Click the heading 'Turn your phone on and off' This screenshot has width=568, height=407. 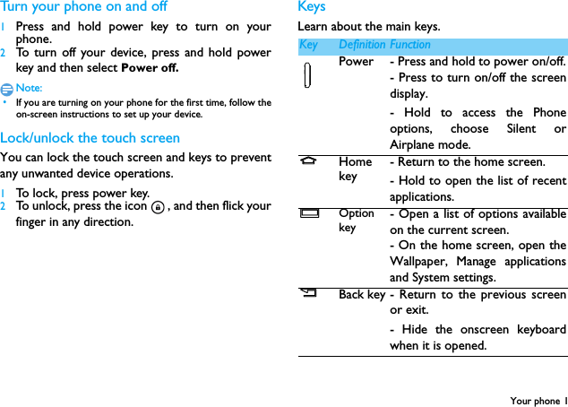click(83, 7)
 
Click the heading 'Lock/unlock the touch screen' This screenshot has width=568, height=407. click(90, 138)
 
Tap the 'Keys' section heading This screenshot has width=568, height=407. click(312, 7)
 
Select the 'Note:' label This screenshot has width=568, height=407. click(30, 88)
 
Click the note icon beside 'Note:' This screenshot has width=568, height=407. click(7, 88)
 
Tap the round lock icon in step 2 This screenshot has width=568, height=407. click(158, 207)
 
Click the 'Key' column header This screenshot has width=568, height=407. click(308, 45)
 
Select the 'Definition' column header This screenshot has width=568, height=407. click(362, 45)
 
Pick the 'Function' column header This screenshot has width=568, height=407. click(410, 45)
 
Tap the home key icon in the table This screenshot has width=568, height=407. click(308, 162)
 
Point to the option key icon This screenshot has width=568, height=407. click(309, 214)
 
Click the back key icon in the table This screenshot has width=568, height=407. click(308, 292)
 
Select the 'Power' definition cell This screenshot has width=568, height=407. click(357, 62)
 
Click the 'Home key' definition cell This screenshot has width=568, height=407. click(356, 169)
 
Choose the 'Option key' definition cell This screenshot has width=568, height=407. click(357, 221)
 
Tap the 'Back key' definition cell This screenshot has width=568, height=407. click(362, 294)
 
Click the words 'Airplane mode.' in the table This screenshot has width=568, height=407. click(430, 145)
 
